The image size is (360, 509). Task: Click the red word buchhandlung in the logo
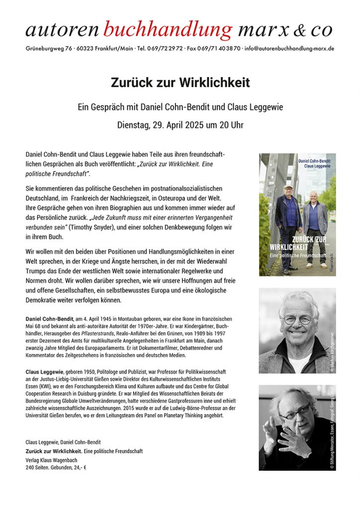click(168, 30)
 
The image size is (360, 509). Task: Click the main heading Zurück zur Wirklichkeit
click(180, 83)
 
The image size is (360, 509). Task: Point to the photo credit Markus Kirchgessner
click(333, 347)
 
